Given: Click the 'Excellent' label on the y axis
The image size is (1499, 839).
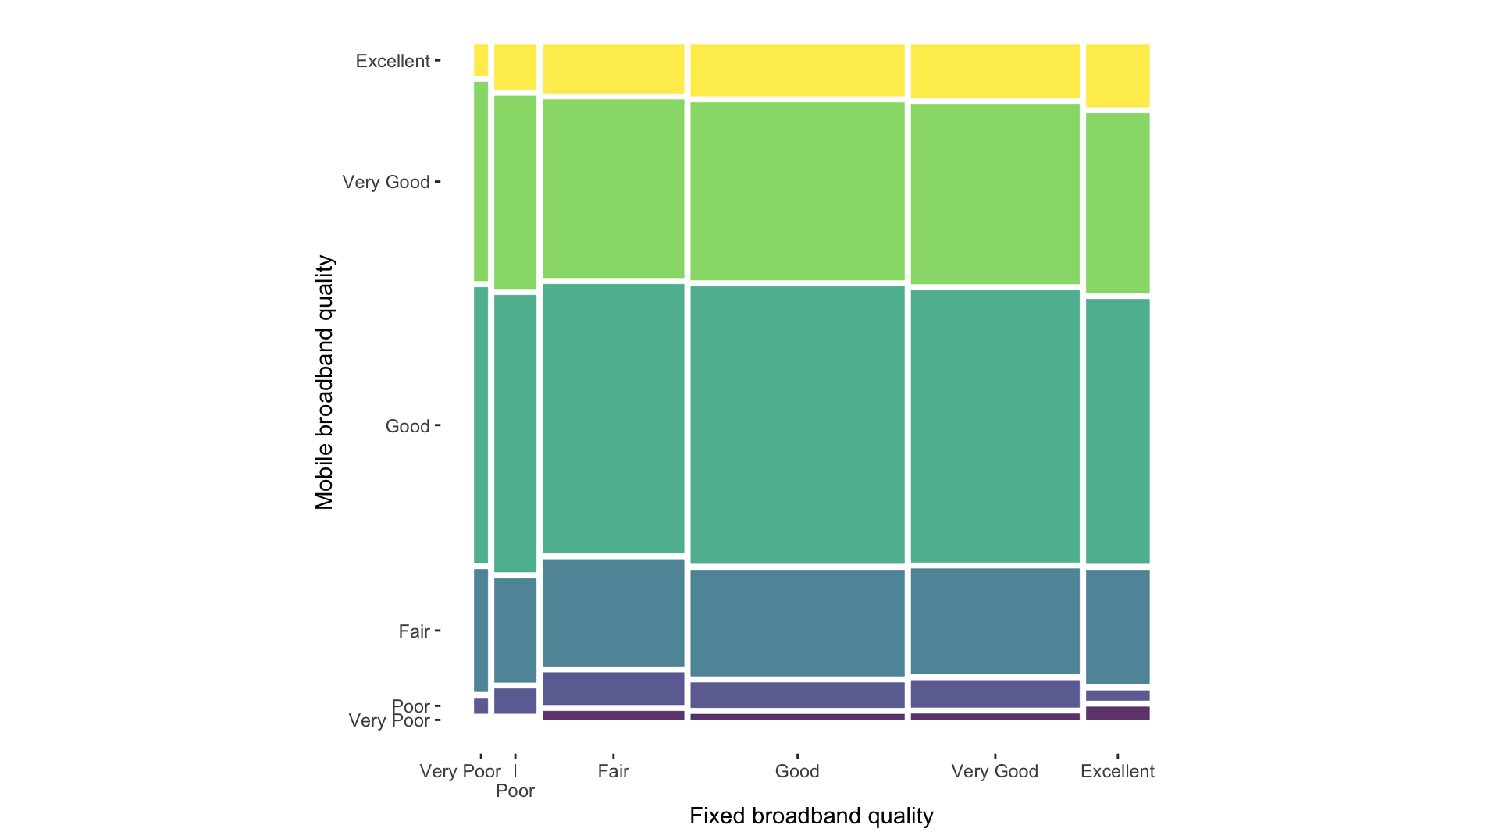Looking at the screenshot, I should [x=393, y=61].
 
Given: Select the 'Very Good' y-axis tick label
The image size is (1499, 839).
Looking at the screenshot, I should [x=386, y=182].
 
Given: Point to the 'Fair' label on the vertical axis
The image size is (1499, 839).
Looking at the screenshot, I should [x=414, y=631].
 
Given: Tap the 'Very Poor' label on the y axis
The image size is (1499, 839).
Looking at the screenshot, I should [x=389, y=720].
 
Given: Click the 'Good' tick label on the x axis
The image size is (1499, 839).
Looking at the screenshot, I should [x=796, y=771].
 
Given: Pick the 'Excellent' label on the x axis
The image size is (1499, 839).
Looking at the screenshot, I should [x=1116, y=771].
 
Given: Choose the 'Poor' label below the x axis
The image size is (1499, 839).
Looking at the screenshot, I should [x=515, y=791].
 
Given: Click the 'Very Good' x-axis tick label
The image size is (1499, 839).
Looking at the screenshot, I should [x=994, y=771].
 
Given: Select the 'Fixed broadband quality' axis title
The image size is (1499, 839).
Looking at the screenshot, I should [x=811, y=816].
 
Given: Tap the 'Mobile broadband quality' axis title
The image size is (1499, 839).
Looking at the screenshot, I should [x=324, y=382].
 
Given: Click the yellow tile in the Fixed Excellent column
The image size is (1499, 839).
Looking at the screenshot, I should [x=1117, y=76].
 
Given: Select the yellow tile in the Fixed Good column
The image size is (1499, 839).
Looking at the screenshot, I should [x=797, y=70].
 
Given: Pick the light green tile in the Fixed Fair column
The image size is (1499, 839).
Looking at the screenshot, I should [x=613, y=188].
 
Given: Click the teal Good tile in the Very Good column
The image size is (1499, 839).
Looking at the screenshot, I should [x=995, y=426].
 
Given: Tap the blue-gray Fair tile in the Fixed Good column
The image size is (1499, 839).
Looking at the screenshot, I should [x=797, y=623].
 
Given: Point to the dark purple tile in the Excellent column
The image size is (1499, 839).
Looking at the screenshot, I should [x=1117, y=713].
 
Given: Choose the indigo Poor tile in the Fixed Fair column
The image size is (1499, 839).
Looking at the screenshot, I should [x=613, y=688].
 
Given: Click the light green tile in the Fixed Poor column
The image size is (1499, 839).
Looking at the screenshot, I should [x=515, y=192].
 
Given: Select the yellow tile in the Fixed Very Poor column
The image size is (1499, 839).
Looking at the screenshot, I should [x=481, y=60].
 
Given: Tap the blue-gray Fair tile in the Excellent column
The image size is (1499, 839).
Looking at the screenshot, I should [x=1117, y=627].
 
